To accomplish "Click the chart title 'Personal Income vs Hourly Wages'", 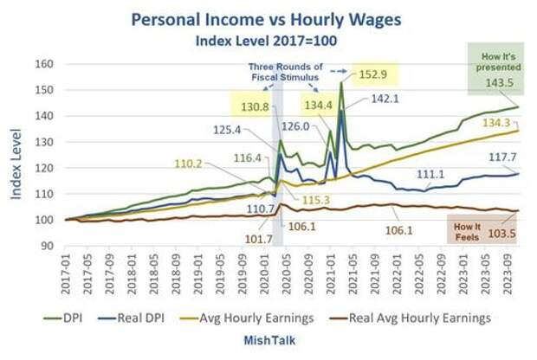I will pyautogui.click(x=268, y=19).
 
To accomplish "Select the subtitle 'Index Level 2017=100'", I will pyautogui.click(x=268, y=40).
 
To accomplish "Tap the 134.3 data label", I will pyautogui.click(x=492, y=122).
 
